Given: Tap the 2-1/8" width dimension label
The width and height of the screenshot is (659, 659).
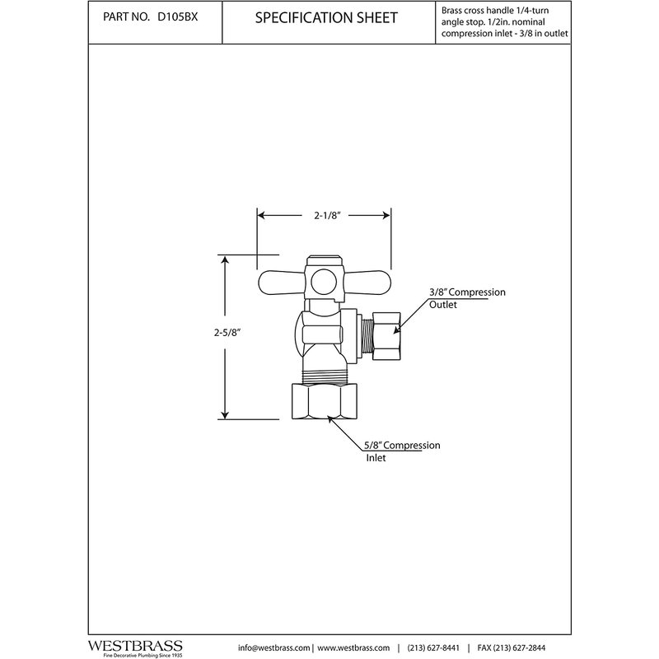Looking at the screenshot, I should pyautogui.click(x=324, y=216).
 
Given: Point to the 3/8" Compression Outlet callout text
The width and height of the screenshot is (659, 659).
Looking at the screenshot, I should pyautogui.click(x=466, y=298).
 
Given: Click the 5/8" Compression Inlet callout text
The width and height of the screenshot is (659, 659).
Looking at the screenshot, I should pyautogui.click(x=402, y=451).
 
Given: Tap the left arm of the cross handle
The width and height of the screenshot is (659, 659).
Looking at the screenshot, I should pyautogui.click(x=281, y=281).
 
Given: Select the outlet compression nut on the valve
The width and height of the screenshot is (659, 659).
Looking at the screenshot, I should pyautogui.click(x=386, y=333).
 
